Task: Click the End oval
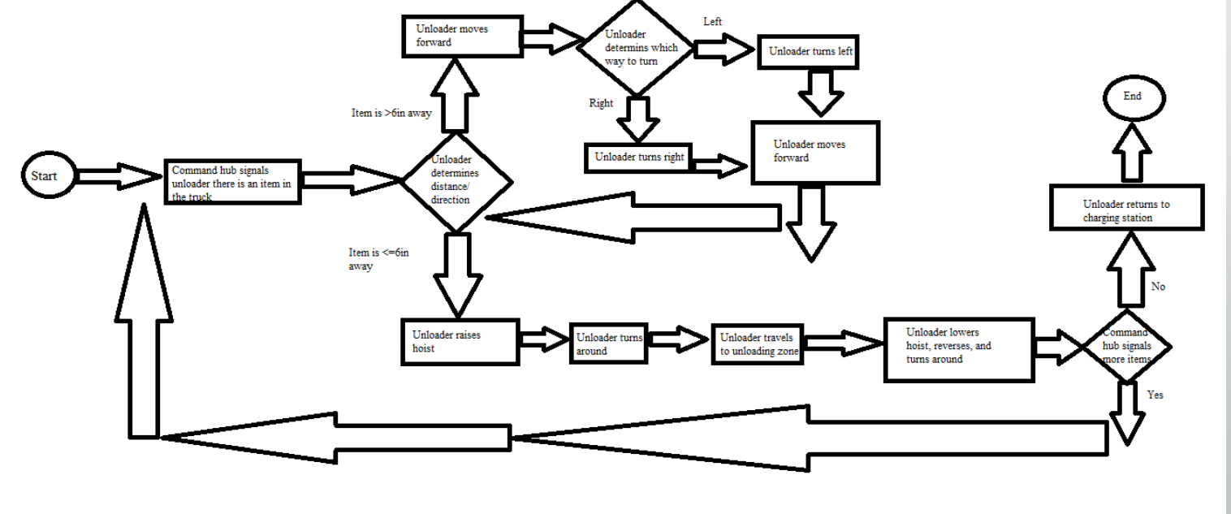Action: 1132,97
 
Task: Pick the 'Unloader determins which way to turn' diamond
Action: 636,49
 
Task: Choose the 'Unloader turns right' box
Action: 639,158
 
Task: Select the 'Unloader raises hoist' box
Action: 460,341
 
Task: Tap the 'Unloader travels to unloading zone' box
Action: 758,344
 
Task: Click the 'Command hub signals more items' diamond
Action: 1125,346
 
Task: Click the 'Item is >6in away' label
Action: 386,114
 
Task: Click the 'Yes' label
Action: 1156,395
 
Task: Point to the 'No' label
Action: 1158,287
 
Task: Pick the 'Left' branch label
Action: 712,22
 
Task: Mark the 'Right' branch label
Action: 601,104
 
